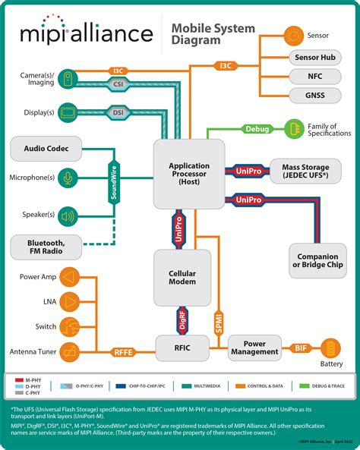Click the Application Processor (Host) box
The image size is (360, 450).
[189, 173]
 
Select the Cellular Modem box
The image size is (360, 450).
[182, 276]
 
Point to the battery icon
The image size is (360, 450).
[330, 348]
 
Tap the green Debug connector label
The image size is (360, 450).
[257, 129]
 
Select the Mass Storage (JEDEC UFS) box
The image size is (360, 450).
[305, 172]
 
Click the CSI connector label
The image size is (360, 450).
[118, 87]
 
